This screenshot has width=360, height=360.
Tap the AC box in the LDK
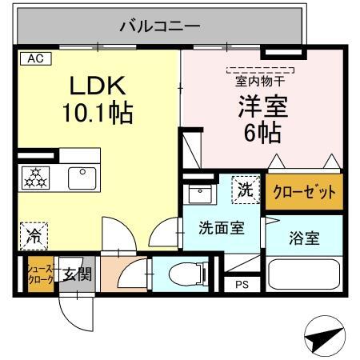point(34,58)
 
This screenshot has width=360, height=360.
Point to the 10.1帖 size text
point(98,112)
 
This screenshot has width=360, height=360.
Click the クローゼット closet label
point(304,192)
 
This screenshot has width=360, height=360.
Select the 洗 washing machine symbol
point(246,190)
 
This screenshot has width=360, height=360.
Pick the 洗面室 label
point(221,226)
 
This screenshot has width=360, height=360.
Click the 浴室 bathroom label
point(303,238)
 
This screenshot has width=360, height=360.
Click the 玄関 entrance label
point(78,274)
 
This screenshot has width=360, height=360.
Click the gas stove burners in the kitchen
point(37,178)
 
